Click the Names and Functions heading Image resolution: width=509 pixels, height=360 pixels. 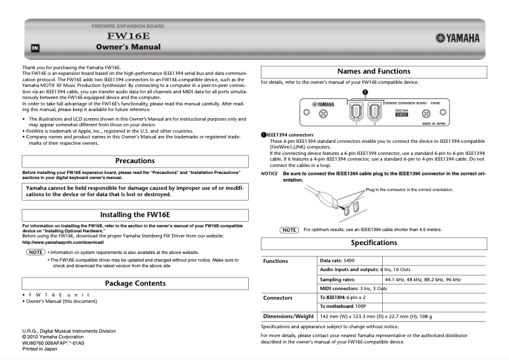374,72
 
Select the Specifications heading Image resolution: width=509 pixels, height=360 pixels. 374,243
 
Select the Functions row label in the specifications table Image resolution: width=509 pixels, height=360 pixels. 276,261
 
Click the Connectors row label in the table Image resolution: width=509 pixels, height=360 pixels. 278,297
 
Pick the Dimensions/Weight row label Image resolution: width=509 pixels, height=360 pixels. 289,316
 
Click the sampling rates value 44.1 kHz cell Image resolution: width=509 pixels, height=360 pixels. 422,279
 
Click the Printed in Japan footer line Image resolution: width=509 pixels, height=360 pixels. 40,349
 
